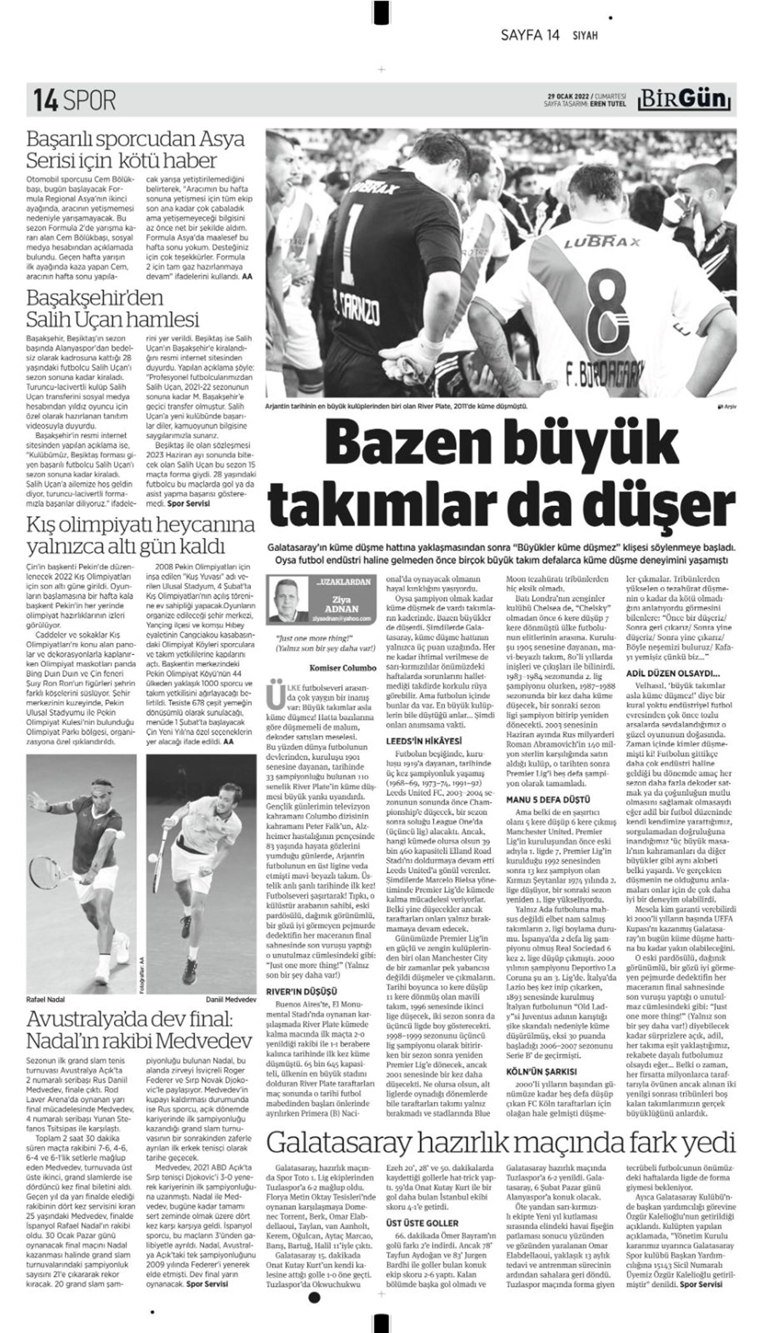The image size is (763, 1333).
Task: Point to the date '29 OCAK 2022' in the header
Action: [x=568, y=95]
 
